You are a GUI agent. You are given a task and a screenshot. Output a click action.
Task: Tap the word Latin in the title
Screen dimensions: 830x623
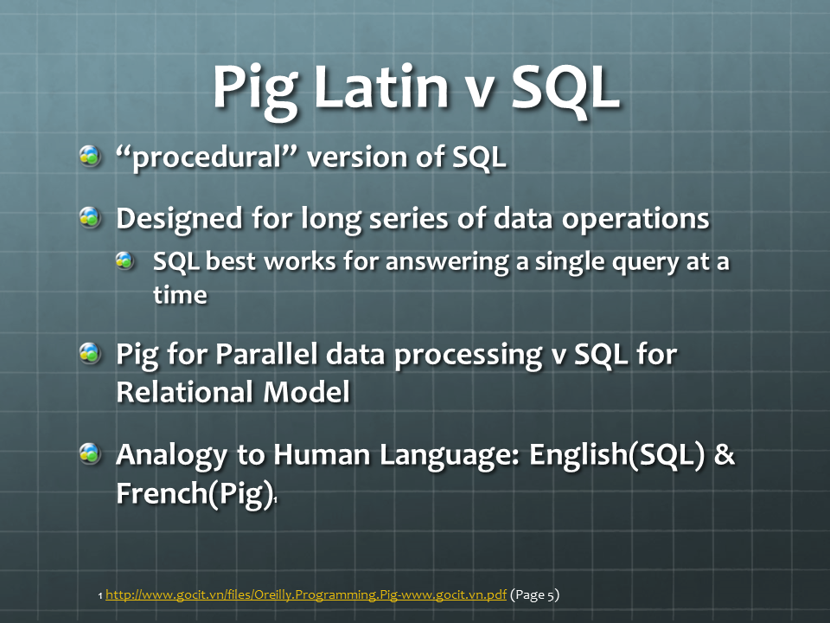(x=381, y=86)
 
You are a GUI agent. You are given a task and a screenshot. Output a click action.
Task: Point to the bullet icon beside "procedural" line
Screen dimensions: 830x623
(x=90, y=157)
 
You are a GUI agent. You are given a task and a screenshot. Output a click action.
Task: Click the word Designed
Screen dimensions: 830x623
(x=180, y=219)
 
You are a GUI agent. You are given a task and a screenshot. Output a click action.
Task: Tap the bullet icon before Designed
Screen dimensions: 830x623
(x=90, y=217)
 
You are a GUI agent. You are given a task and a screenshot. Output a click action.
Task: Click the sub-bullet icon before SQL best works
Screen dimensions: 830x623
(x=124, y=260)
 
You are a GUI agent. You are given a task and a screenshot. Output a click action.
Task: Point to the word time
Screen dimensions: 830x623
(x=180, y=294)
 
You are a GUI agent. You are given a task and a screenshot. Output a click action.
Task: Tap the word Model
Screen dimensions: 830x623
(x=306, y=392)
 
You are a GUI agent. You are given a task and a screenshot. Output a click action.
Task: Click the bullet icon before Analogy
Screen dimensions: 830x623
(x=90, y=453)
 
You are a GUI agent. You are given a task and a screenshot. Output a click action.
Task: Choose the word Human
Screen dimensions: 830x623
(x=322, y=454)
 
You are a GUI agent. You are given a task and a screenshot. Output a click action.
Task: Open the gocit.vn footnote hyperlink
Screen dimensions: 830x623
(x=306, y=595)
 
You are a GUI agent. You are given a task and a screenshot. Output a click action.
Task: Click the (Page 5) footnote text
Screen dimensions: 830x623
(x=534, y=595)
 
